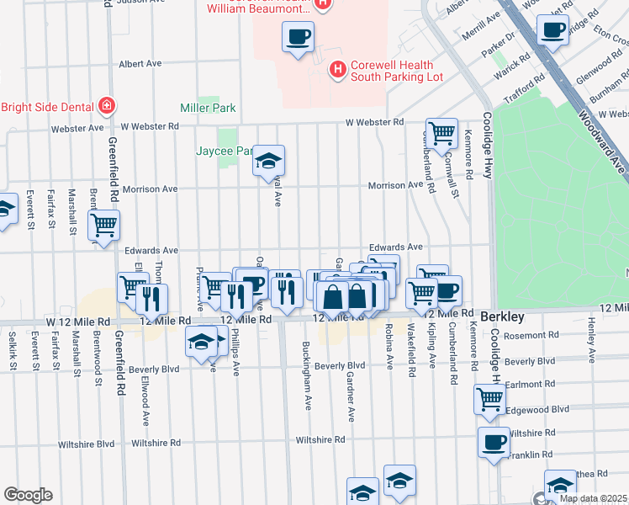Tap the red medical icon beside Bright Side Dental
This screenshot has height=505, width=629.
pyautogui.click(x=106, y=106)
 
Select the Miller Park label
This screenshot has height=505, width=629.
pyautogui.click(x=208, y=109)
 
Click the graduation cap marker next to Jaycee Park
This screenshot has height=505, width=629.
pyautogui.click(x=269, y=160)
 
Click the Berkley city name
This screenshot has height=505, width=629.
pyautogui.click(x=502, y=317)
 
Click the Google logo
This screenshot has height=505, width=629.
pyautogui.click(x=28, y=496)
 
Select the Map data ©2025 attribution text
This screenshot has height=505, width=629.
pyautogui.click(x=592, y=498)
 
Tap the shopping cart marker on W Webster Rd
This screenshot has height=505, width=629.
pyautogui.click(x=441, y=132)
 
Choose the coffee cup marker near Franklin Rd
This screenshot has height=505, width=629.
pyautogui.click(x=494, y=441)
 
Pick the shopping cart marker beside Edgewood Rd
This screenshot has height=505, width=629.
pyautogui.click(x=489, y=399)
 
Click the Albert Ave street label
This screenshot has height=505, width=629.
pyautogui.click(x=140, y=63)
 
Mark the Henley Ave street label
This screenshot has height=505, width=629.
pyautogui.click(x=592, y=334)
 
